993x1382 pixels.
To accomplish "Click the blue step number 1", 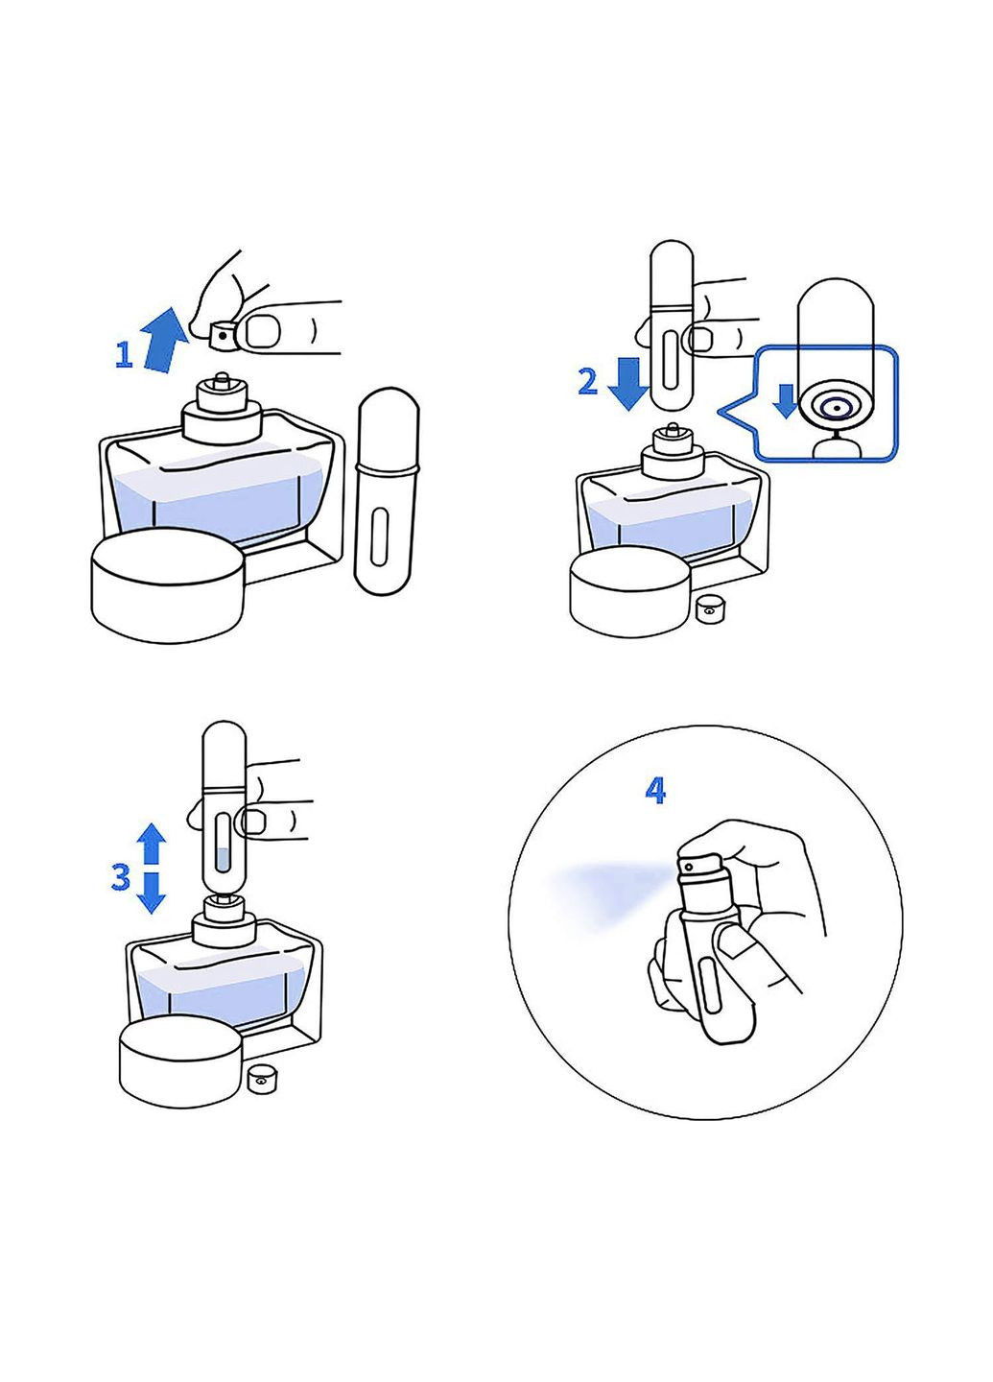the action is (x=125, y=355).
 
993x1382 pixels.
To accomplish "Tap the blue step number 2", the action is (x=588, y=381).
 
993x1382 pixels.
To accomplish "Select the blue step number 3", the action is (x=121, y=877).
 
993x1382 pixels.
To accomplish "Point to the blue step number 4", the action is (x=655, y=791).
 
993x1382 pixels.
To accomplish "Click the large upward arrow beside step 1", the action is (x=163, y=342).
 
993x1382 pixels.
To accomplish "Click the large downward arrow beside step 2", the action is (x=627, y=384).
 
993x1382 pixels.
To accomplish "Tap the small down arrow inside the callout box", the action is (x=786, y=400).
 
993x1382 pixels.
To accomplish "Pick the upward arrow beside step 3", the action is (x=152, y=843).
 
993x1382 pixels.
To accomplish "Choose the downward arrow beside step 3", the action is (x=152, y=893).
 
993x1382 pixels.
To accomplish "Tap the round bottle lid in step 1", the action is (x=168, y=584).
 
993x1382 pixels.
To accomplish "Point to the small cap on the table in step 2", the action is (x=708, y=609).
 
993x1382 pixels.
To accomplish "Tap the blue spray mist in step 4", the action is (x=604, y=894).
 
